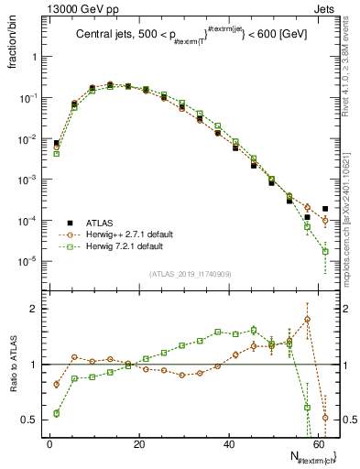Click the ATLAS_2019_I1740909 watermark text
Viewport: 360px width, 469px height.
point(190,274)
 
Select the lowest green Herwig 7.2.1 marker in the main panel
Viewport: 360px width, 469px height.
point(325,251)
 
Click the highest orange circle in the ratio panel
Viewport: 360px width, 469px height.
point(308,320)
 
